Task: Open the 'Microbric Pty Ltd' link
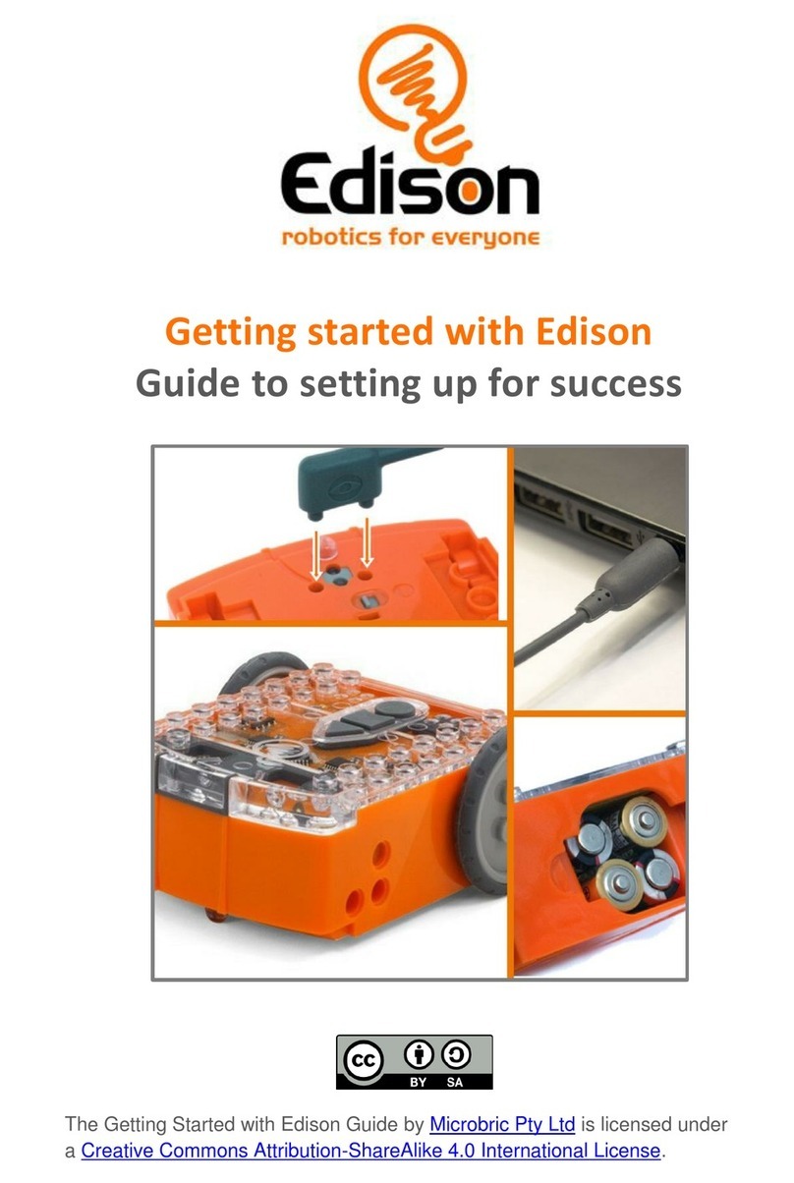click(502, 1124)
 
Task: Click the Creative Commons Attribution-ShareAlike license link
click(372, 1151)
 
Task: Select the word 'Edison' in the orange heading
click(594, 332)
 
